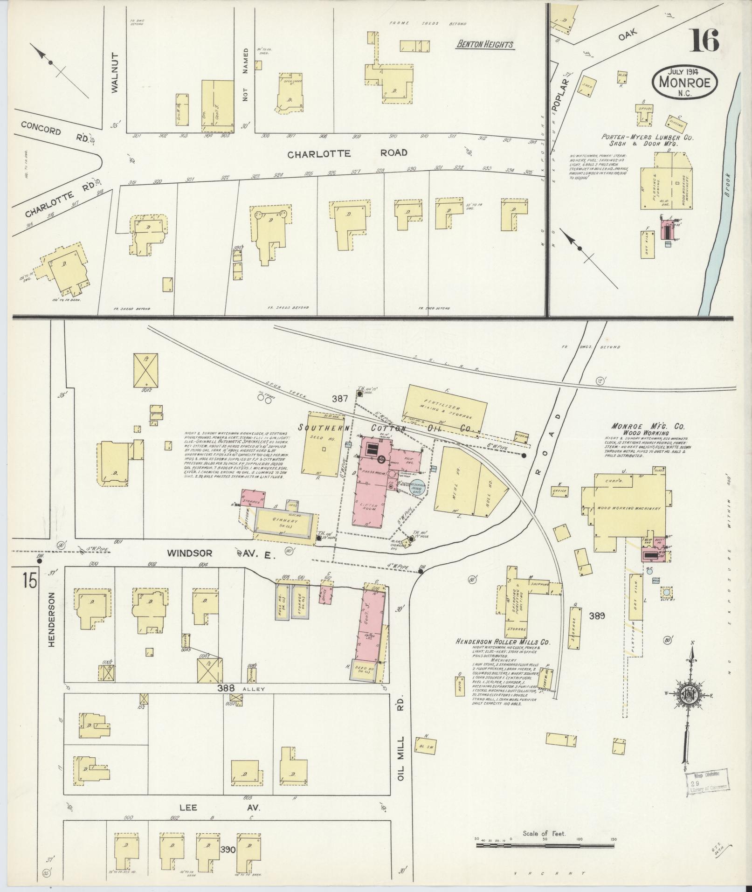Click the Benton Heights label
[485, 45]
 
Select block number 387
[341, 399]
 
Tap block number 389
[597, 615]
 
